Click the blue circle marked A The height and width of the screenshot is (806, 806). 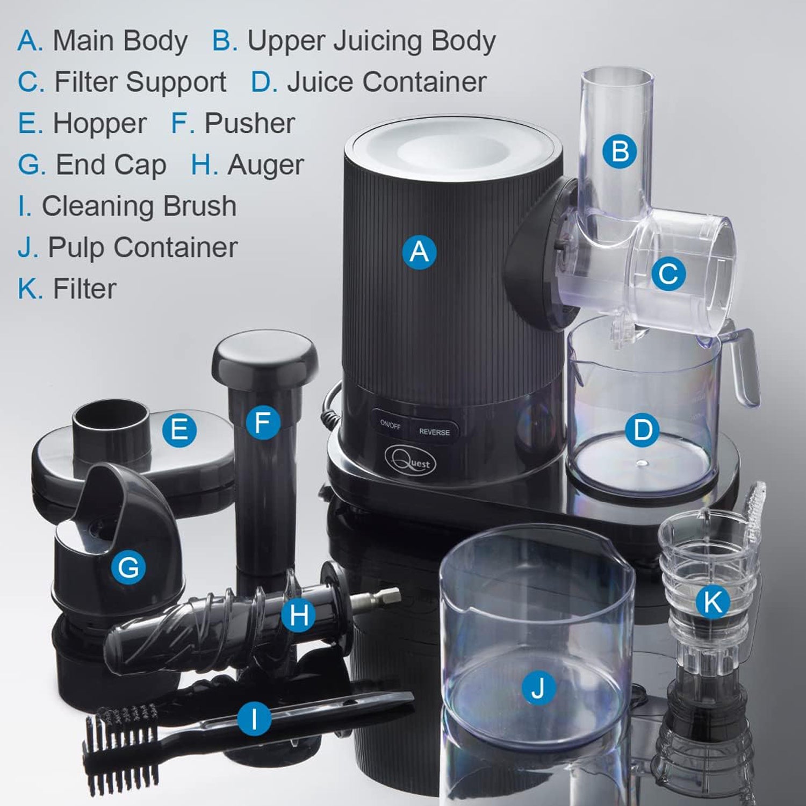420,251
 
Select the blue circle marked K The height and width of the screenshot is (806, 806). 713,601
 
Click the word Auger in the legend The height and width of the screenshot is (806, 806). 265,165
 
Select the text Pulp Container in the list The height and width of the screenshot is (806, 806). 142,248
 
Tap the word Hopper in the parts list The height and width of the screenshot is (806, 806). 99,124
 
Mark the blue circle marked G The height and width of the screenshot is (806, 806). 128,567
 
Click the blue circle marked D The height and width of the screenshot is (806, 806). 643,430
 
